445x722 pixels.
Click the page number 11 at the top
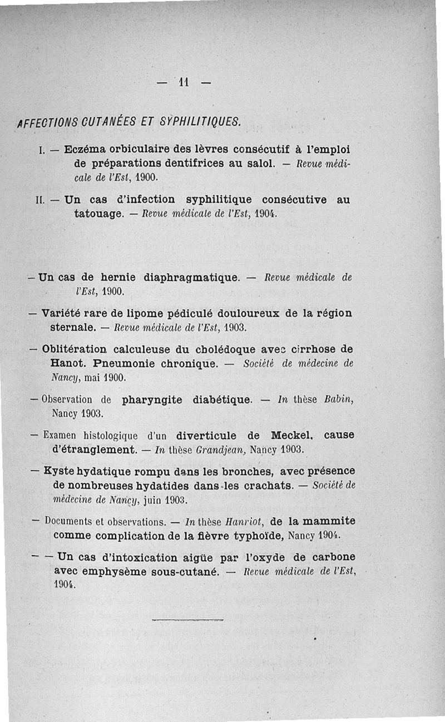pyautogui.click(x=184, y=82)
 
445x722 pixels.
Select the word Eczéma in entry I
pyautogui.click(x=84, y=150)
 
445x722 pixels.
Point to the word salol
pyautogui.click(x=260, y=164)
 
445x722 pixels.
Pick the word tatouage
pyautogui.click(x=98, y=212)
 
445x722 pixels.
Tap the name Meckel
pyautogui.click(x=294, y=435)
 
